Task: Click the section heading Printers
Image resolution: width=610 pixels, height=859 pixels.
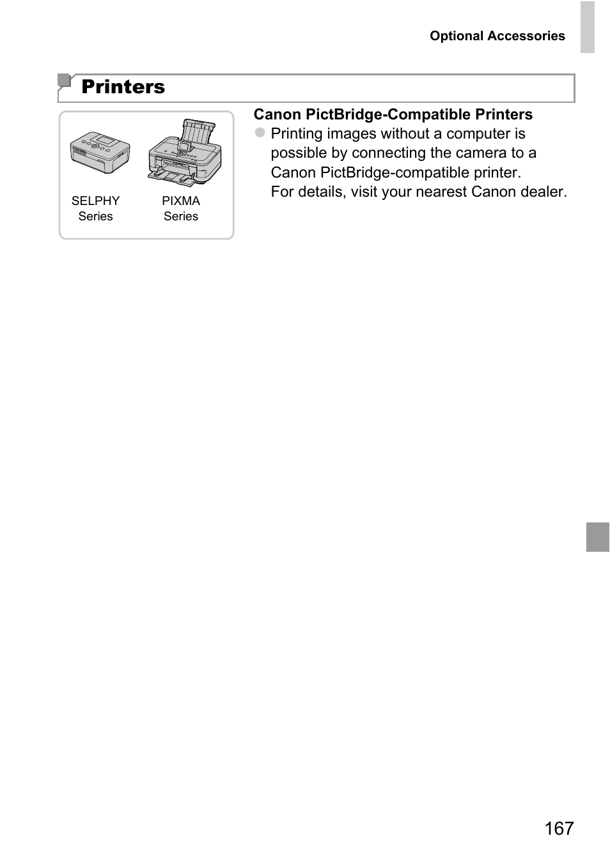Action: tap(123, 87)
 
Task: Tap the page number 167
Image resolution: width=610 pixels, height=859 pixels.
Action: tap(559, 828)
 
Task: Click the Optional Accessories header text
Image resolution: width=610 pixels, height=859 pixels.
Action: tap(497, 36)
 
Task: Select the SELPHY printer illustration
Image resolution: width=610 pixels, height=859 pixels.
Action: tap(100, 152)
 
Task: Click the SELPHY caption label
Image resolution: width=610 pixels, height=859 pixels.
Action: tap(95, 201)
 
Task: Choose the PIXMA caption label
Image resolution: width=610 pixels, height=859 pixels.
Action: tap(181, 201)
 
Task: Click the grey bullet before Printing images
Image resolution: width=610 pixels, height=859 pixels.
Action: tap(260, 133)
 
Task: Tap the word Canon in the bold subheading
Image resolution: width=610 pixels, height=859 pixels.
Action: tap(277, 114)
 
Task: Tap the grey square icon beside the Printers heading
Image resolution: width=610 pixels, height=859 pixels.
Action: tap(63, 80)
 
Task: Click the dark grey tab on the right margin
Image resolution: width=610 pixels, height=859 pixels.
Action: tap(598, 536)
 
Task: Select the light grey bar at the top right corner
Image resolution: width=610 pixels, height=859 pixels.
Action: tap(587, 27)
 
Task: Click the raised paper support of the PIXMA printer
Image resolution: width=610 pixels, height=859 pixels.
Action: tap(198, 132)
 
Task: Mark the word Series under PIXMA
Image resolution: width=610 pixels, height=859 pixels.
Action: tap(181, 217)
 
